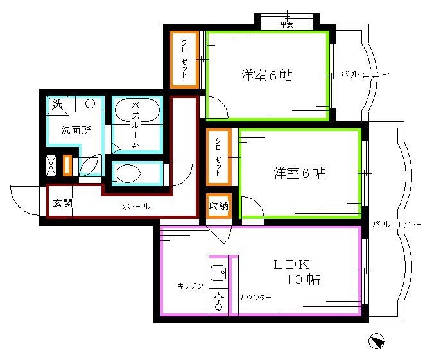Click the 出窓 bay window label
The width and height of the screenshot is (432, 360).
[286, 25]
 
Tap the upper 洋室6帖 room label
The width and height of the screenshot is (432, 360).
[267, 75]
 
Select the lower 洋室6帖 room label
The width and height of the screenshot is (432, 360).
[299, 173]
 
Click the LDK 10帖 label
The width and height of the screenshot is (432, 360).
[297, 271]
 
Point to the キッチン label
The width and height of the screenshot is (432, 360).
[191, 286]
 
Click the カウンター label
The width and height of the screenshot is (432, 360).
[255, 297]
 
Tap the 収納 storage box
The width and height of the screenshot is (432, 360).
[218, 206]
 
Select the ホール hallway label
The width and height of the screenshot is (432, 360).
[136, 206]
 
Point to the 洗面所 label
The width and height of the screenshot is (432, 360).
[76, 129]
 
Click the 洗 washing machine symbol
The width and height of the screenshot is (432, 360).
[56, 103]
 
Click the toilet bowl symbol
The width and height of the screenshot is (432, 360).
[126, 173]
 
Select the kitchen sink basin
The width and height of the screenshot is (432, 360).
[218, 273]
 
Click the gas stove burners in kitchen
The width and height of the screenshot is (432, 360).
[218, 301]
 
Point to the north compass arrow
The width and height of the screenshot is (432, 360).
[376, 341]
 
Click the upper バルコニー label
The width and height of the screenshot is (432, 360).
[365, 74]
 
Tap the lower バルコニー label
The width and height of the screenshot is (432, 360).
[396, 225]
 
